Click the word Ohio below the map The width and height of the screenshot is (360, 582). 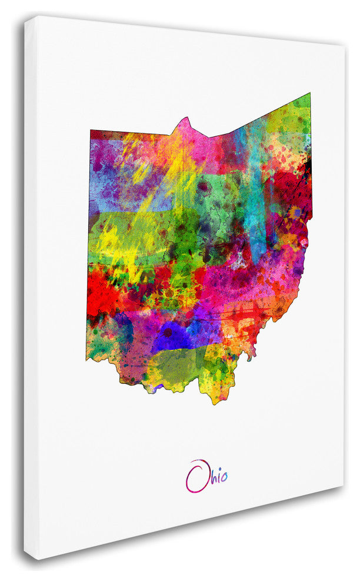206,476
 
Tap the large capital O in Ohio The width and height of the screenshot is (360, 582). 197,476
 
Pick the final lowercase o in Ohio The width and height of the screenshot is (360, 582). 223,477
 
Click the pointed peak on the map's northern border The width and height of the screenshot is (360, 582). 186,119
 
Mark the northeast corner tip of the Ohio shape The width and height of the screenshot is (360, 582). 309,93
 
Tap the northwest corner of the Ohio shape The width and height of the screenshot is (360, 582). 91,131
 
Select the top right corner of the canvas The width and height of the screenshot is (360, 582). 345,46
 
